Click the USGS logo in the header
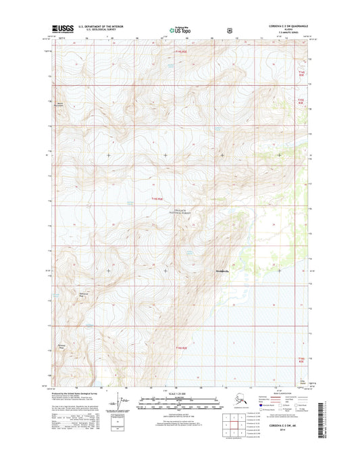click(x=62, y=29)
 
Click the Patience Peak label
click(x=61, y=346)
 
